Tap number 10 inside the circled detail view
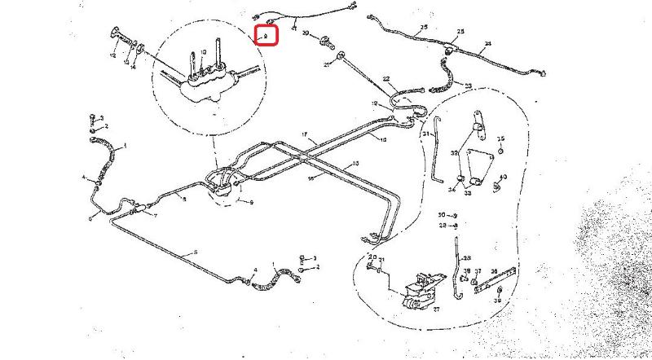click(x=203, y=52)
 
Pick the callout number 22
click(x=386, y=80)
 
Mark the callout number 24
click(x=487, y=43)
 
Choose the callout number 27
click(x=434, y=309)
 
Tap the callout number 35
click(x=501, y=138)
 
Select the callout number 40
click(x=504, y=177)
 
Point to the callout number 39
click(x=497, y=300)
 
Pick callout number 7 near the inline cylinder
click(x=156, y=214)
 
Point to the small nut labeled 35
click(x=500, y=151)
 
